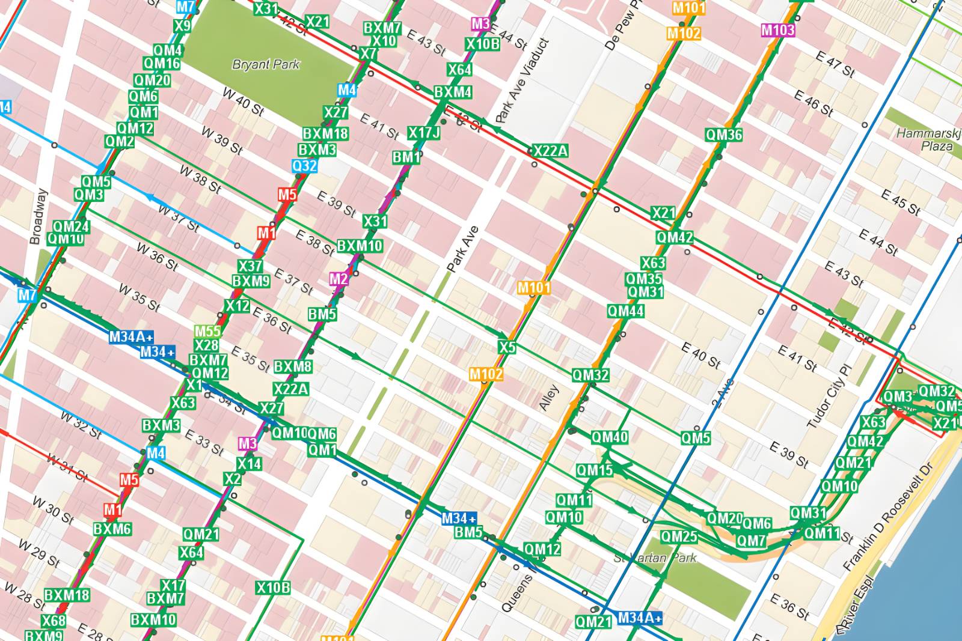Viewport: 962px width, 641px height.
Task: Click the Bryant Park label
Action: point(266,64)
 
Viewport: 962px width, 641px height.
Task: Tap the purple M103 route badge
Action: point(778,30)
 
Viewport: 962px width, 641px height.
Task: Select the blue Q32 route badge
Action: point(305,166)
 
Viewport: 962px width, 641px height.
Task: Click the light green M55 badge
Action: point(207,332)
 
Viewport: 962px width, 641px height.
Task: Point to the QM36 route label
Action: point(724,135)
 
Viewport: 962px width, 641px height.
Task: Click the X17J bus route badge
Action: point(424,133)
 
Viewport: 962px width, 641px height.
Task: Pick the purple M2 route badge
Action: point(339,279)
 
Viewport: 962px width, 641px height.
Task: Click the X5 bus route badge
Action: point(507,347)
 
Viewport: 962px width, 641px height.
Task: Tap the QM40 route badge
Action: point(610,437)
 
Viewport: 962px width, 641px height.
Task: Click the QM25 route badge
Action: point(679,536)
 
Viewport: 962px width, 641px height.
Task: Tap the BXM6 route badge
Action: point(112,529)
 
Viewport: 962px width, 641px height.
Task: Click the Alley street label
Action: point(548,398)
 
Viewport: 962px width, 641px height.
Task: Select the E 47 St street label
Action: point(835,64)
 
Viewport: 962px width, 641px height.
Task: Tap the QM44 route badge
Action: point(625,311)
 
